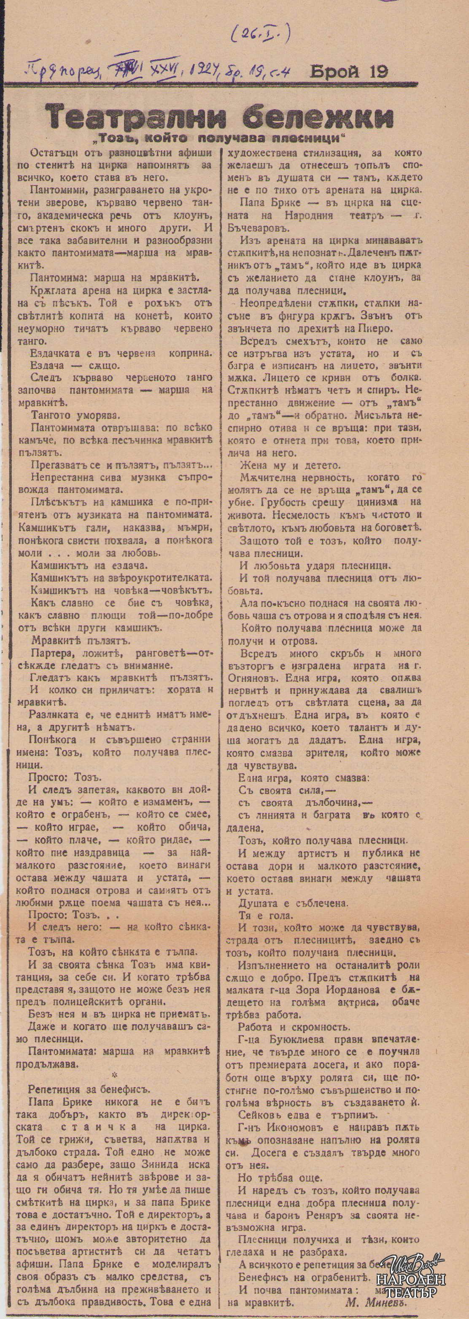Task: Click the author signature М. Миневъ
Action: coord(376,1302)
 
